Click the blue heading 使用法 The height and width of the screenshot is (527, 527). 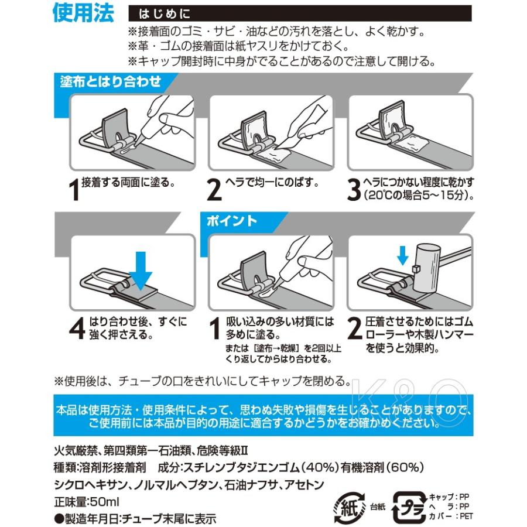point(83,13)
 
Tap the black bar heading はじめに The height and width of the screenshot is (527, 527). point(165,14)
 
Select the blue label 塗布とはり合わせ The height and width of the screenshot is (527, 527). point(111,81)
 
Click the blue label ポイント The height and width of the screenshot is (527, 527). point(231,221)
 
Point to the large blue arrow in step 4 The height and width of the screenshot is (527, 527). point(141,271)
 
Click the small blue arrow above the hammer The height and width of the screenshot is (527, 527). point(402,255)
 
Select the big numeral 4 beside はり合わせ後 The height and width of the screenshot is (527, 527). point(77,328)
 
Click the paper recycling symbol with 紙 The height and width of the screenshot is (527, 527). point(349,507)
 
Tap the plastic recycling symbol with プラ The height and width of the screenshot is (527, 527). point(409,508)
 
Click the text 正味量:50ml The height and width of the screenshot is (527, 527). point(87,502)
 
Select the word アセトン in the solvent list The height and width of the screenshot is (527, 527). point(304,485)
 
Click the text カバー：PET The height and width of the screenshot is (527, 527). point(451,516)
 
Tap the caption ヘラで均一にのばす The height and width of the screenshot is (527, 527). point(272,183)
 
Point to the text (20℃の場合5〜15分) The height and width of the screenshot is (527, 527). point(419,195)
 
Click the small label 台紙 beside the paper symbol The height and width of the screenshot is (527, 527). point(378,507)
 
